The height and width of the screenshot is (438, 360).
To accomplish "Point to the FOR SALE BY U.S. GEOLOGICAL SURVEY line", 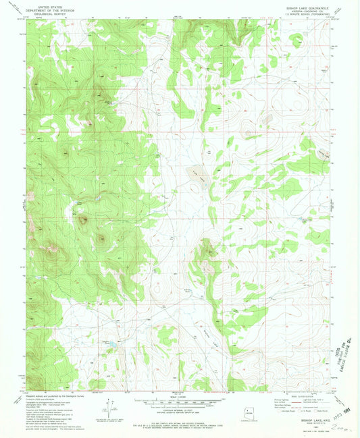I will tap(180, 418).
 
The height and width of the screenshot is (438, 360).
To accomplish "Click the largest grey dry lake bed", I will tap(197, 173).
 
